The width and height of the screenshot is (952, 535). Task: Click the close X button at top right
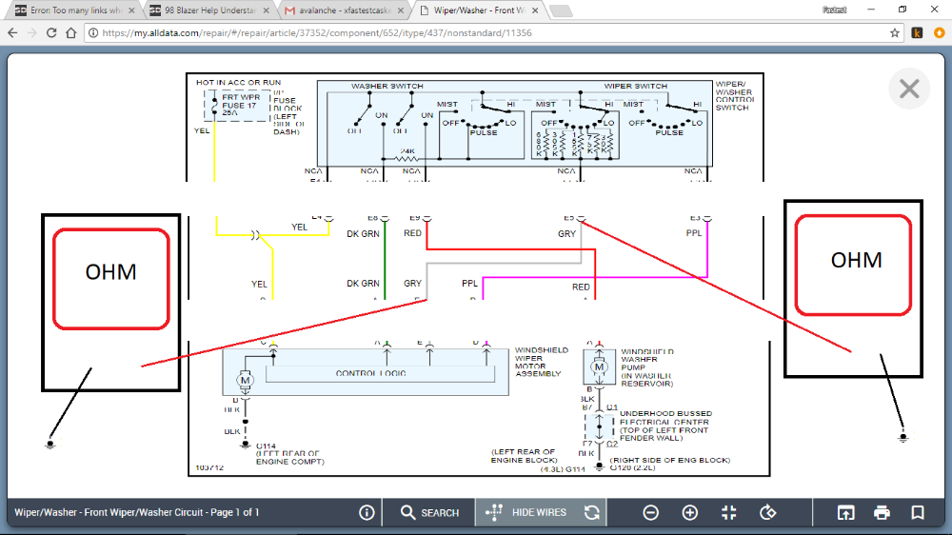coord(908,89)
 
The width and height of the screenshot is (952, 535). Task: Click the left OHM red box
coord(110,271)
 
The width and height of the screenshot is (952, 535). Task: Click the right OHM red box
coord(856,264)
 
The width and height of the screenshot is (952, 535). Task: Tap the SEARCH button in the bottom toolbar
coord(429,512)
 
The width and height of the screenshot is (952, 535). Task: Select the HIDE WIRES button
coord(526,512)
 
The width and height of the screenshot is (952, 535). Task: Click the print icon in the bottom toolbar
coord(882,512)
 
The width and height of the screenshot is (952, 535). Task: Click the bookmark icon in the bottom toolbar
coord(918,512)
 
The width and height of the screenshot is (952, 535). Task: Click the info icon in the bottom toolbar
coord(367,512)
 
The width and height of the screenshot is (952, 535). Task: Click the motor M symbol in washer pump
coord(600,367)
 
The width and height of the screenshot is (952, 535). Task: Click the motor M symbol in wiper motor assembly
coord(245,381)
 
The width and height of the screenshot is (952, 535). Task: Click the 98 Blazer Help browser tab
coord(206,10)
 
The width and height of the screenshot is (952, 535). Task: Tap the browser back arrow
coord(12,32)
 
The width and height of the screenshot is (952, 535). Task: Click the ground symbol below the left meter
coord(50,443)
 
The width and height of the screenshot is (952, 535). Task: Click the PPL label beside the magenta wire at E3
coord(694,232)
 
